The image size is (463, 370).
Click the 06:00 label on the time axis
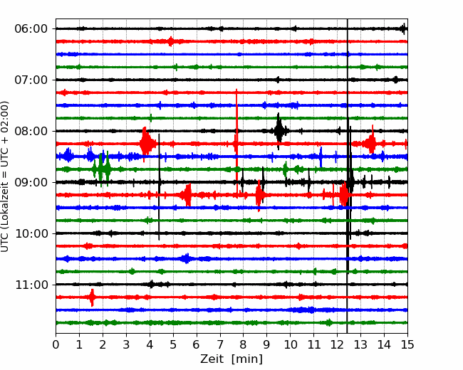[x=31, y=29]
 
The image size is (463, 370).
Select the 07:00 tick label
[x=31, y=80]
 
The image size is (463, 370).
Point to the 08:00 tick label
[x=31, y=131]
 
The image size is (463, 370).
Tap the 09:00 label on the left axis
[x=31, y=182]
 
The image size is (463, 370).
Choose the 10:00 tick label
[x=31, y=233]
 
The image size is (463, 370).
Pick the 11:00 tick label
[x=31, y=285]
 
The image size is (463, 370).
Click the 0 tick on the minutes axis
[x=56, y=344]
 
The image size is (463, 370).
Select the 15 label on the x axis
[x=407, y=344]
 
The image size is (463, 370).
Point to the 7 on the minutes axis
[x=220, y=344]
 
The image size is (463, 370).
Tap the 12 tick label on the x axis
[x=337, y=344]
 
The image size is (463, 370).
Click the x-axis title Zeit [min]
[x=231, y=359]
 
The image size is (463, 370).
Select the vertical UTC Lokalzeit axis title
[x=5, y=176]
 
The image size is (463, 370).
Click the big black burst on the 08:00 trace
[x=279, y=131]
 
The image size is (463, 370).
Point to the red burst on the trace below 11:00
[x=92, y=297]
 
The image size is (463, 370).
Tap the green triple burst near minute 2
[x=101, y=169]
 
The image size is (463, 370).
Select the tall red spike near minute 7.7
[x=236, y=142]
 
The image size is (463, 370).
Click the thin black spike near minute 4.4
[x=159, y=187]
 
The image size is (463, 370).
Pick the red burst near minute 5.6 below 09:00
[x=187, y=195]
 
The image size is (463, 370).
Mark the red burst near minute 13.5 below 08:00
[x=371, y=144]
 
